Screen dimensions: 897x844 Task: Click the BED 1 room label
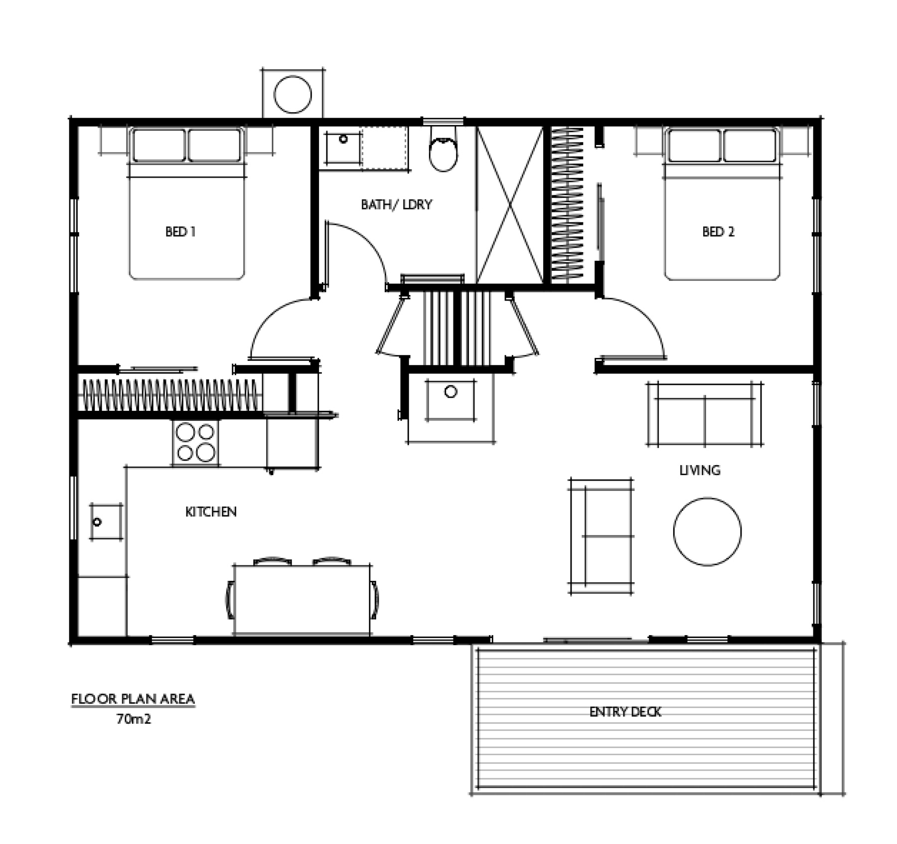[180, 232]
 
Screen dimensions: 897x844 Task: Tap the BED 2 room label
[718, 232]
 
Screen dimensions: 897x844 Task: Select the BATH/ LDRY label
[397, 204]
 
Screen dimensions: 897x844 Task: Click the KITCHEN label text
[211, 512]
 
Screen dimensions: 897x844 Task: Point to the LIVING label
[700, 470]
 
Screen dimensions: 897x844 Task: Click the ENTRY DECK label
[625, 712]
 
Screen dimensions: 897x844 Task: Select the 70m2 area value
[134, 719]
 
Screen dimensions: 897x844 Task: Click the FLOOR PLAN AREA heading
[133, 699]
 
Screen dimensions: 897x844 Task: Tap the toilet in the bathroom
[443, 148]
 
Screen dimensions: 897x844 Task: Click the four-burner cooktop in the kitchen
[195, 442]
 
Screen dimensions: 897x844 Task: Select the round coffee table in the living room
[707, 531]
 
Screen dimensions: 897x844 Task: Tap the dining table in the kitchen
[302, 600]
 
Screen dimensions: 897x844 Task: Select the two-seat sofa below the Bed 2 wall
[705, 414]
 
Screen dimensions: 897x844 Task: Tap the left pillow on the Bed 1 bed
[158, 145]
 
